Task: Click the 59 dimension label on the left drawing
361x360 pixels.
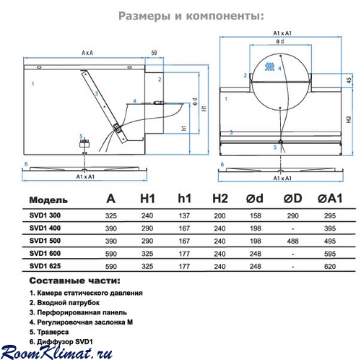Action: [154, 53]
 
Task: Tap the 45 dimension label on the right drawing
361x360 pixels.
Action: [349, 80]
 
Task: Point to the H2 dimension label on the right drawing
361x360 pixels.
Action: [349, 120]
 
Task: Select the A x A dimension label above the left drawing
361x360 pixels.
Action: [87, 53]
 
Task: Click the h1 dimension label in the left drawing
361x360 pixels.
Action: [184, 128]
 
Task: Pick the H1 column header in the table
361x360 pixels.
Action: [147, 199]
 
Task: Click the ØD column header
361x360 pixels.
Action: [292, 199]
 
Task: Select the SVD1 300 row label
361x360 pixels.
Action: [45, 215]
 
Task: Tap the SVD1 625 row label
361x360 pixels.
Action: [45, 266]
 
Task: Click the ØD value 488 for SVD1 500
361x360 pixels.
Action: [292, 241]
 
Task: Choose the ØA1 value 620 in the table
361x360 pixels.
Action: [330, 267]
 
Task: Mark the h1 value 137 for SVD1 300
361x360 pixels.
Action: [184, 215]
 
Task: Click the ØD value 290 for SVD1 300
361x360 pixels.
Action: [292, 215]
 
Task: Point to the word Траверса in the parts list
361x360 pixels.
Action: [53, 332]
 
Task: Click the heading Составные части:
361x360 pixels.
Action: [74, 280]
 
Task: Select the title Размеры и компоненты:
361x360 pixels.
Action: [191, 16]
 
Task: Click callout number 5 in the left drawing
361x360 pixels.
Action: [81, 137]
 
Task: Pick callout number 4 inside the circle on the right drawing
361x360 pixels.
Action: [279, 69]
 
